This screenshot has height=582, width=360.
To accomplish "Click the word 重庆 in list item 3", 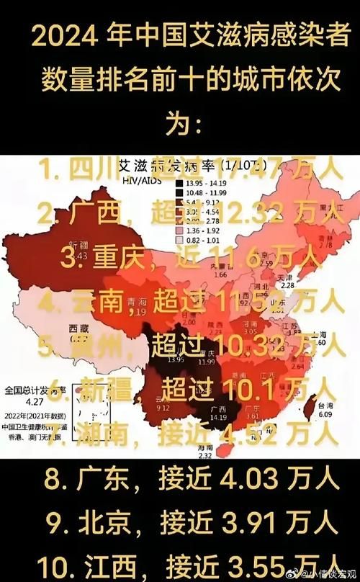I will pyautogui.click(x=123, y=257).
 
